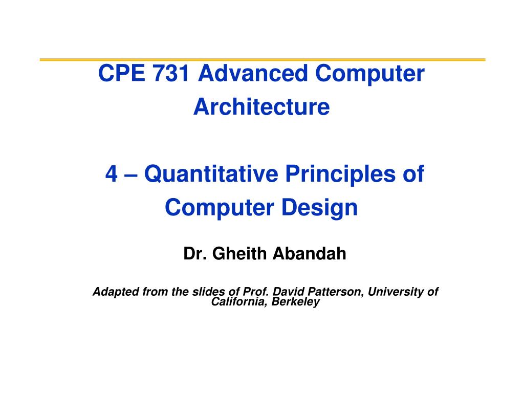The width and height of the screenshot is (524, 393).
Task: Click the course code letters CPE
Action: point(122,73)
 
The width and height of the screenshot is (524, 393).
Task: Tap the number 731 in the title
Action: point(171,73)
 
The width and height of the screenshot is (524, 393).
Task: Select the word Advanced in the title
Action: point(253,73)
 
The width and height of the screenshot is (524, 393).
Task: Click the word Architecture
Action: point(261,107)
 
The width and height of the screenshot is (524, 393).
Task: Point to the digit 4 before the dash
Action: point(112,174)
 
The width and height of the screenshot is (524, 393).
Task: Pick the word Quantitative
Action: point(211,174)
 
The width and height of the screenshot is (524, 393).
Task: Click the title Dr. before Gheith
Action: point(194,254)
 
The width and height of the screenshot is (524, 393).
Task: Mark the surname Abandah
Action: point(310,254)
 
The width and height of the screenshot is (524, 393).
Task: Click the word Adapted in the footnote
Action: point(116,292)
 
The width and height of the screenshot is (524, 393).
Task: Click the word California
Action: point(239,302)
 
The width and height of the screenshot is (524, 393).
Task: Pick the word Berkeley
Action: point(296,302)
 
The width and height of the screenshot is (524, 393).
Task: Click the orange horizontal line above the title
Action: point(263,60)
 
